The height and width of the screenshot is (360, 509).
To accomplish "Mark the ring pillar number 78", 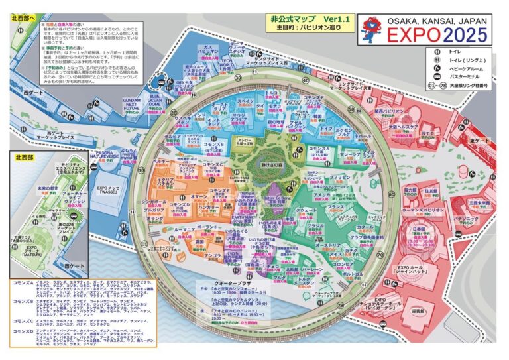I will point(380,253).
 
